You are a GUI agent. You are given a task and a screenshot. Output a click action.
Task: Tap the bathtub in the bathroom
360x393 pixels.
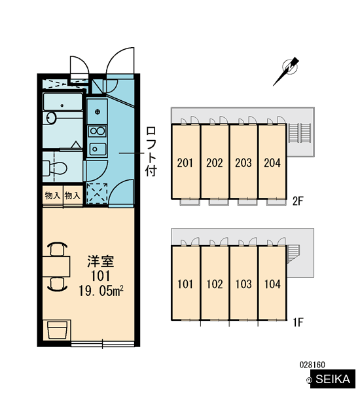pyautogui.click(x=63, y=102)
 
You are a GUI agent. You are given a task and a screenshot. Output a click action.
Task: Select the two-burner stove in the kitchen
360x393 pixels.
pyautogui.click(x=98, y=131)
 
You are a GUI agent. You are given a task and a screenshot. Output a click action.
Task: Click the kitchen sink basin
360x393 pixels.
pyautogui.click(x=98, y=149)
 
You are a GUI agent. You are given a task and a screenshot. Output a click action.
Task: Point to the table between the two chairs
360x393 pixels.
pyautogui.click(x=56, y=267)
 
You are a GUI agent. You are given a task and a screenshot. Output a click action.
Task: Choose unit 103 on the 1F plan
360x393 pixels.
pyautogui.click(x=243, y=283)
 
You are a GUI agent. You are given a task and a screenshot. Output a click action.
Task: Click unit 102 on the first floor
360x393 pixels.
pyautogui.click(x=215, y=283)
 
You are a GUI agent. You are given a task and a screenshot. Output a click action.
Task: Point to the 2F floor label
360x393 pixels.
pyautogui.click(x=298, y=201)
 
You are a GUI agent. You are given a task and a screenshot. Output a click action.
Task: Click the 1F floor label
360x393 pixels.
pyautogui.click(x=298, y=322)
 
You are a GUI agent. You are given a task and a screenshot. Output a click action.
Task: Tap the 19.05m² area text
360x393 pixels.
pyautogui.click(x=101, y=291)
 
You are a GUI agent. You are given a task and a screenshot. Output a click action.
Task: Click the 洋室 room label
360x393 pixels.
pyautogui.click(x=100, y=261)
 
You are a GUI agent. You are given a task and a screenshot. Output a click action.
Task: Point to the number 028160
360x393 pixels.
pyautogui.click(x=312, y=365)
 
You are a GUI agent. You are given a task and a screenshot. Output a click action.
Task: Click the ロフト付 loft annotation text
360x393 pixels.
pyautogui.click(x=151, y=151)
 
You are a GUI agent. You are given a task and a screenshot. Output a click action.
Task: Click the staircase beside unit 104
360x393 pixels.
pyautogui.click(x=293, y=253)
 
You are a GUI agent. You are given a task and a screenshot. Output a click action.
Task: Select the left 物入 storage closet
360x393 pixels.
pyautogui.click(x=52, y=195)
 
